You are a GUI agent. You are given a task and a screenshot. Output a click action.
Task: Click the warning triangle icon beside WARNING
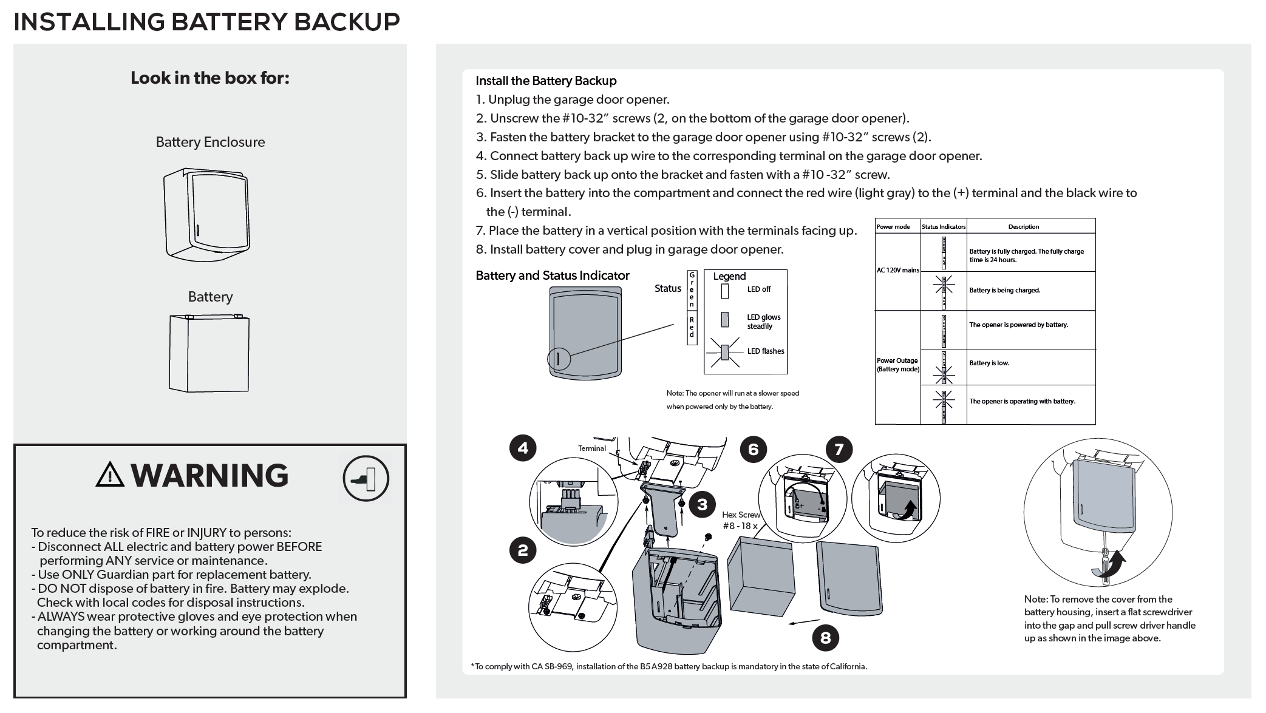(x=110, y=475)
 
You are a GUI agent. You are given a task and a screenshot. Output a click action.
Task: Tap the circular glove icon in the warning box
(x=366, y=478)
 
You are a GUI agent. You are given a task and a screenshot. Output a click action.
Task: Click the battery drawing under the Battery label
(x=209, y=353)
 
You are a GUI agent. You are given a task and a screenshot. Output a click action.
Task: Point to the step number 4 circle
(x=523, y=448)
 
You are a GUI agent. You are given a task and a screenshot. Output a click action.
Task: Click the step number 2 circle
(x=523, y=551)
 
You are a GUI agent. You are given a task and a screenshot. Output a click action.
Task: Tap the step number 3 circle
(x=703, y=505)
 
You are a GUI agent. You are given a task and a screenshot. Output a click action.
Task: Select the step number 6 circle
(x=754, y=449)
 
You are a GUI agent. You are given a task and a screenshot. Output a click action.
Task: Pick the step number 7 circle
(x=839, y=449)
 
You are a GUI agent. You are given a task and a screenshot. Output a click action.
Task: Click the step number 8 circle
(x=825, y=638)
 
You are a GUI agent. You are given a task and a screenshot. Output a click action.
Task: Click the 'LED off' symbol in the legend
(x=724, y=291)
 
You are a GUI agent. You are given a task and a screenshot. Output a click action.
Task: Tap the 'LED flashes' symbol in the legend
(x=724, y=353)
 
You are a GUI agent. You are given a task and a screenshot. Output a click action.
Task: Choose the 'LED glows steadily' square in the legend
(x=724, y=319)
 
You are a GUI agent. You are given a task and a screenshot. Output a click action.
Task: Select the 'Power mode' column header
(x=893, y=227)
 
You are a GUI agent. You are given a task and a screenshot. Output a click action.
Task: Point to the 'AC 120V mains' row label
(x=897, y=270)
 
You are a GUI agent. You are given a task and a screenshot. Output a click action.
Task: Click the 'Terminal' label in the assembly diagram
(x=591, y=448)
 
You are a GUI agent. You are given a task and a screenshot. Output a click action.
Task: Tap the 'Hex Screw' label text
(x=741, y=515)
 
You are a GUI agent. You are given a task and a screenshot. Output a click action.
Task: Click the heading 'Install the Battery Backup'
(x=546, y=81)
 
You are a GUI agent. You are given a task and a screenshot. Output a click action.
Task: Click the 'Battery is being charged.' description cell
(x=1030, y=291)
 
